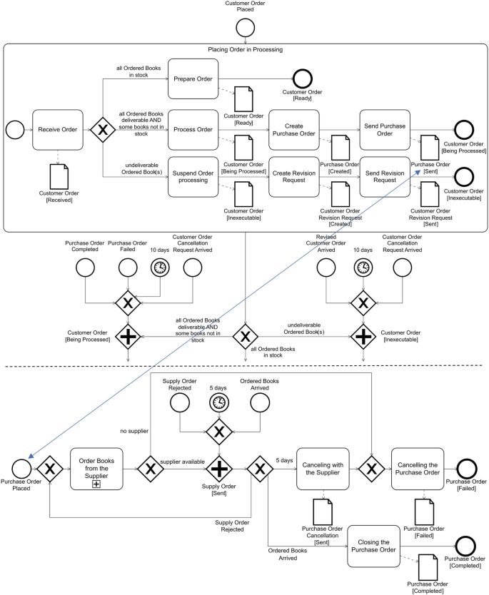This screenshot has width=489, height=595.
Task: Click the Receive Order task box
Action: (x=58, y=129)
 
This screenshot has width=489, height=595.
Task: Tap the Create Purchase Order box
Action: (x=293, y=129)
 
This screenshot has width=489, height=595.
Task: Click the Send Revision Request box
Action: (x=385, y=176)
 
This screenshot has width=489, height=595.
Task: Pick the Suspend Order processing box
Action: (x=193, y=176)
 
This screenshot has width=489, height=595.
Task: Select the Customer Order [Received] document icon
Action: (x=58, y=175)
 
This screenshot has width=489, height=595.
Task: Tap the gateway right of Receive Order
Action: (x=102, y=129)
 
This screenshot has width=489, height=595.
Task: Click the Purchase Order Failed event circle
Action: (x=127, y=268)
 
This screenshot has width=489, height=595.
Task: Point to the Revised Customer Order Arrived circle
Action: (x=325, y=268)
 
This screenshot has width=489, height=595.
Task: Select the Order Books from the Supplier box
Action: (x=96, y=469)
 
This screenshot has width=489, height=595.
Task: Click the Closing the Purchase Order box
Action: (x=373, y=546)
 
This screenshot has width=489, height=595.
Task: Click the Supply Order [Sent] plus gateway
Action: (x=219, y=469)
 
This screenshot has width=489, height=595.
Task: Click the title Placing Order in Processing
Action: (x=245, y=49)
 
